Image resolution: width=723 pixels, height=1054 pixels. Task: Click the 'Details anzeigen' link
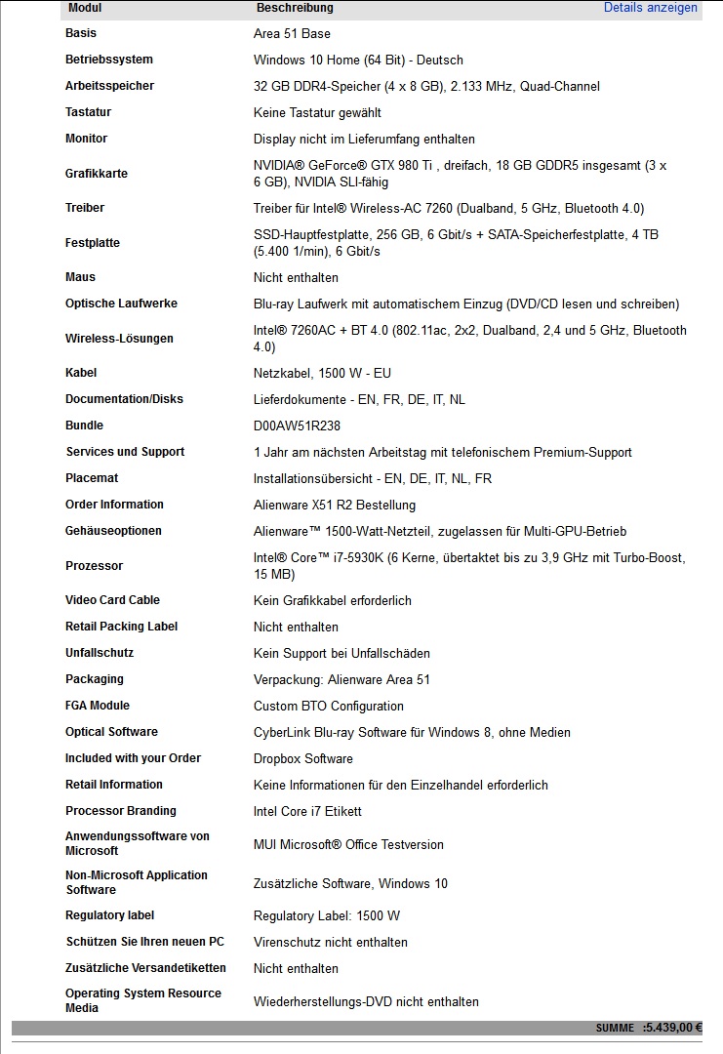[650, 8]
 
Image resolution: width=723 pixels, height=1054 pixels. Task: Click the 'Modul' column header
[85, 8]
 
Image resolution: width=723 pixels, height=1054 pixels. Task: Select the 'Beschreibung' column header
[295, 8]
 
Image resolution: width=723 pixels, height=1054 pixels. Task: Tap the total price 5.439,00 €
[674, 1028]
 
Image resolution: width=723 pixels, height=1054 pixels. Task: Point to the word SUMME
[616, 1028]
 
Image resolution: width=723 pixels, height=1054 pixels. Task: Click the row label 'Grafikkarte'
[97, 174]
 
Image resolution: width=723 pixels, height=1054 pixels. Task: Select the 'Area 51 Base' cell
[292, 34]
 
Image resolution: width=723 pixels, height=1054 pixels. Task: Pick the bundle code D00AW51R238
[297, 426]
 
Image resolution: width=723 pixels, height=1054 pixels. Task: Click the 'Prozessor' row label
[94, 566]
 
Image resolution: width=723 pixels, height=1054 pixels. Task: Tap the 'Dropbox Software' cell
[303, 758]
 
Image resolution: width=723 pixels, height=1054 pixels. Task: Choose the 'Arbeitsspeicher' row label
[109, 86]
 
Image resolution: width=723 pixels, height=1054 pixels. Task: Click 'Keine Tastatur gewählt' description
[317, 113]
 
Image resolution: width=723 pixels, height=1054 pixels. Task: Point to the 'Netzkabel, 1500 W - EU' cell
[322, 373]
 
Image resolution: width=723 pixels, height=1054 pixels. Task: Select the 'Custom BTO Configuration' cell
[328, 706]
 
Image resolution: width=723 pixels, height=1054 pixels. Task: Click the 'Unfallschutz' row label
[100, 653]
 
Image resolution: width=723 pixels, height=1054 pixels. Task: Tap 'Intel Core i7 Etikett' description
[307, 811]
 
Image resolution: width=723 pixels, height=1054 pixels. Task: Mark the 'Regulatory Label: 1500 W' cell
[327, 915]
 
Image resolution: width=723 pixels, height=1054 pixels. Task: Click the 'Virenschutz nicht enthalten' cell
[331, 942]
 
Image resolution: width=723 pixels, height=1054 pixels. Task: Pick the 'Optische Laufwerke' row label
[121, 304]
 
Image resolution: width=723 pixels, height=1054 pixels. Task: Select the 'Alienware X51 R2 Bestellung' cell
[335, 505]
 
